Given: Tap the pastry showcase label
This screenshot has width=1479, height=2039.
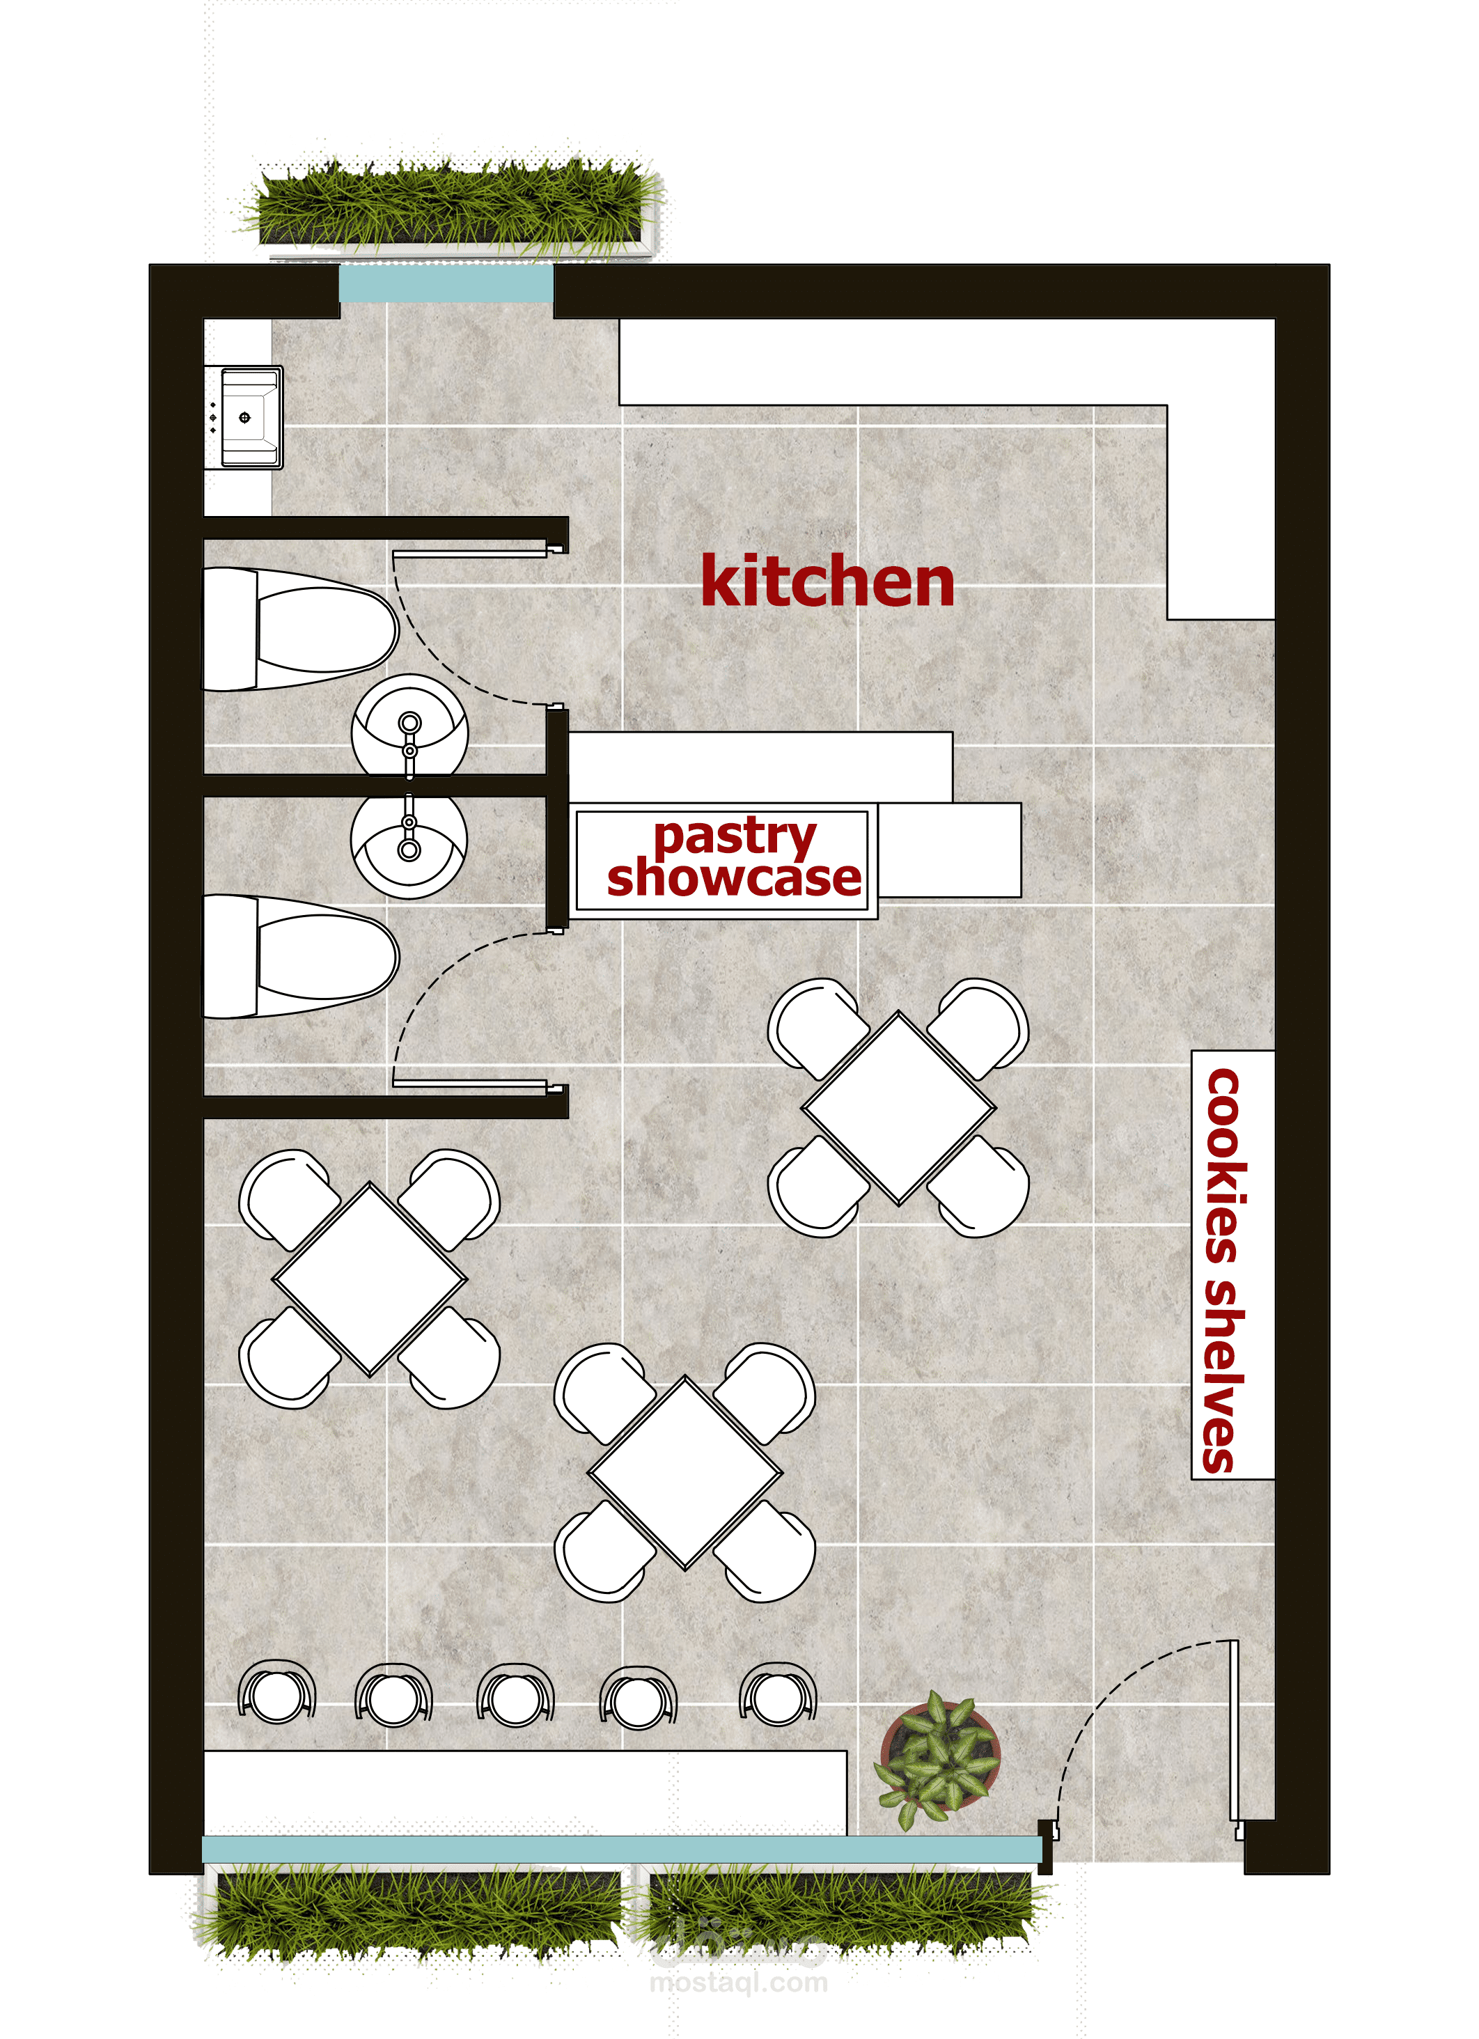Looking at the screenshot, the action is pos(734,858).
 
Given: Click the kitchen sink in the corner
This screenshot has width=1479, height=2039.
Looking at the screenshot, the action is pos(244,417).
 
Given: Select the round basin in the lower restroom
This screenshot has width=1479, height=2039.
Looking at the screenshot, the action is pos(409,845).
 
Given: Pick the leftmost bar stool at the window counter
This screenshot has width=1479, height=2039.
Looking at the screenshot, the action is pos(277,1693).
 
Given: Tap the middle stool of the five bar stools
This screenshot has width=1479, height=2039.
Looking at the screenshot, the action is pos(516,1696).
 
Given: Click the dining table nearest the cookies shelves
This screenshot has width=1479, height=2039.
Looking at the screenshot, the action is pos(899,1108).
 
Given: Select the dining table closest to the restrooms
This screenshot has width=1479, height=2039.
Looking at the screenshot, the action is pos(370,1279).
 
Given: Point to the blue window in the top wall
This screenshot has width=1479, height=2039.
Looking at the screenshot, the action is pos(446,284).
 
